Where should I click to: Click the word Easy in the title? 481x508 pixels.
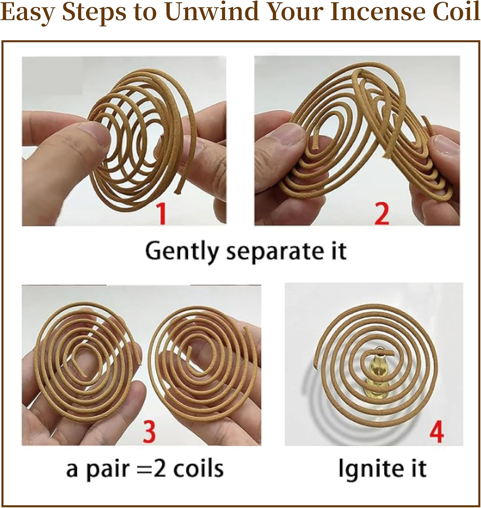28,13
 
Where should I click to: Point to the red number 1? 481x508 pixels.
161,213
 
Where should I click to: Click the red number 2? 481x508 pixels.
381,213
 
